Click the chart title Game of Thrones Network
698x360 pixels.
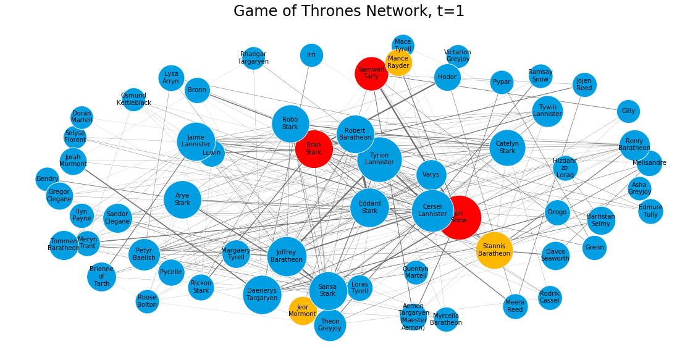point(349,11)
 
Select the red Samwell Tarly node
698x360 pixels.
point(371,73)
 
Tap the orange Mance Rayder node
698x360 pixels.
point(398,62)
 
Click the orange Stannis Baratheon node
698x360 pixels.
point(494,249)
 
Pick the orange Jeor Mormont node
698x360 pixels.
point(303,311)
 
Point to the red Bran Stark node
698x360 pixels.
point(314,149)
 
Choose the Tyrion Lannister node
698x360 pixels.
point(379,159)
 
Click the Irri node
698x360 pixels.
point(311,55)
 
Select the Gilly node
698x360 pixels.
point(628,111)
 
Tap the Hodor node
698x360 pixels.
point(447,77)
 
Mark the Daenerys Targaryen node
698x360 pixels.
point(262,295)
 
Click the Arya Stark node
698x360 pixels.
point(182,199)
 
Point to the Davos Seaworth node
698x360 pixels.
point(555,255)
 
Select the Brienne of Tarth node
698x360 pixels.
point(101,277)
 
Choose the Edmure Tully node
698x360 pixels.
point(650,211)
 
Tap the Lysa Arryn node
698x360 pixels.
point(171,78)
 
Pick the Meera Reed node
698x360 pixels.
point(515,306)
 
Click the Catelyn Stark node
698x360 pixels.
point(507,148)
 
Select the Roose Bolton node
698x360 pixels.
point(147,301)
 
